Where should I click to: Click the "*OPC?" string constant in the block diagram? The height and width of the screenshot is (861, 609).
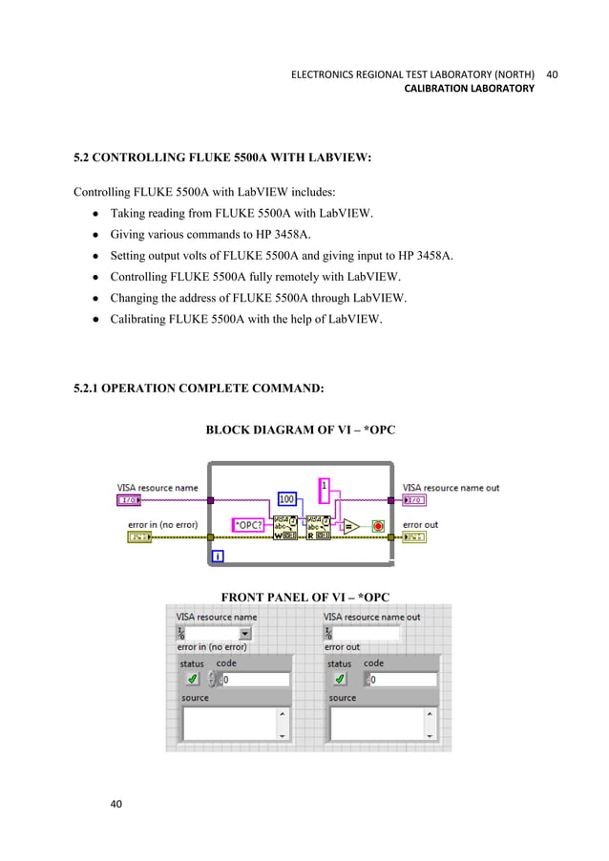point(248,524)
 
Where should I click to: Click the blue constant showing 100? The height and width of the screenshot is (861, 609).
point(286,498)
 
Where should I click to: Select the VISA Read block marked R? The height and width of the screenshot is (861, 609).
point(317,527)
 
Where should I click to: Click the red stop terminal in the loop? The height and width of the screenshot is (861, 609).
point(377,525)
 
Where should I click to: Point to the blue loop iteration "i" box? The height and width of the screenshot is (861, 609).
point(219,556)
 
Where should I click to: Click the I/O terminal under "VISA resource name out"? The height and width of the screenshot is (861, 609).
point(414,499)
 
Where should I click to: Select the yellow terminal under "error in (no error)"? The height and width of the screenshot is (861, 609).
point(139,537)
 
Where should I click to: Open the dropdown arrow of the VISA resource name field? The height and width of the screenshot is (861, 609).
point(244,632)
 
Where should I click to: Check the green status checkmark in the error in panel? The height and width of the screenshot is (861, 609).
point(192,679)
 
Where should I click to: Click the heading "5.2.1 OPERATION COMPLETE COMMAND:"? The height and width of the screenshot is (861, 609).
point(199,388)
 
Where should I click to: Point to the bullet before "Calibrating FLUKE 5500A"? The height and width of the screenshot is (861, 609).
point(96,320)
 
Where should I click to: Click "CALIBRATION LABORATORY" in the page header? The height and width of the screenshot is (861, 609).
point(470,89)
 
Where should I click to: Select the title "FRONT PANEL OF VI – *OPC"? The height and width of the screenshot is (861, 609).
point(305,598)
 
